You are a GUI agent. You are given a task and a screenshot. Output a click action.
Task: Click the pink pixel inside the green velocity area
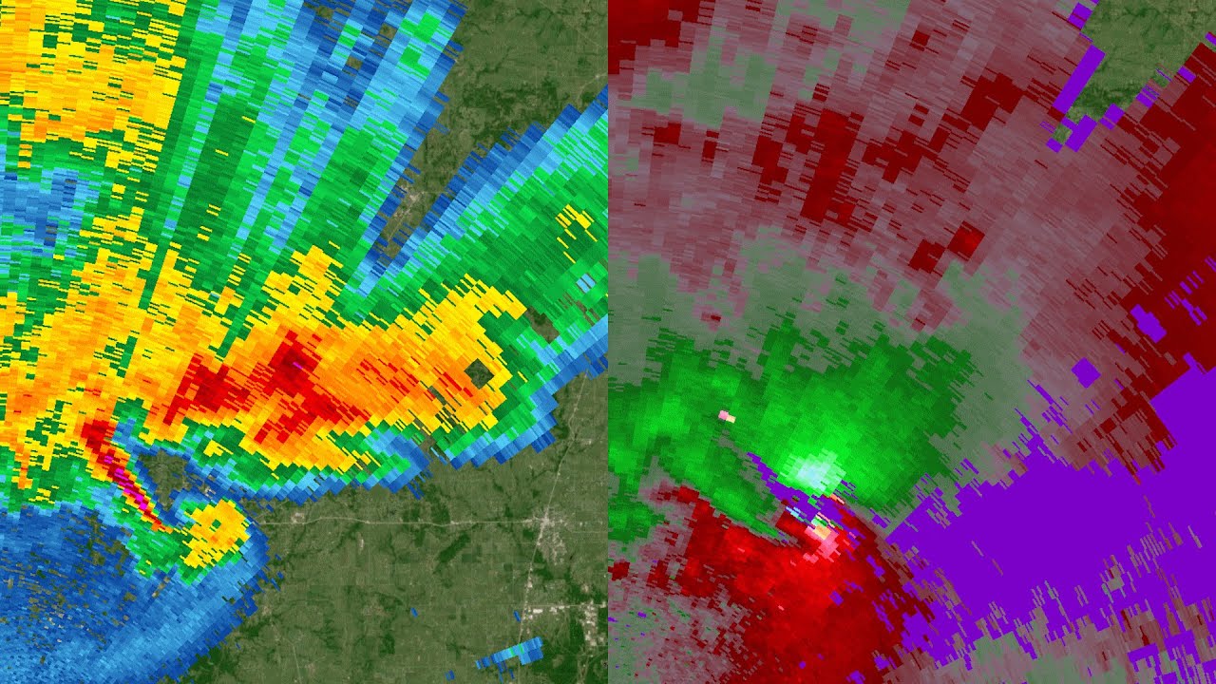(x=727, y=416)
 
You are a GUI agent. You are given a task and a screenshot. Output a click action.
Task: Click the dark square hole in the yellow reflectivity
(x=479, y=373)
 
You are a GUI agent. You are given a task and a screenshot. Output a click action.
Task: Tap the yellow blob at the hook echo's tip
(x=218, y=527)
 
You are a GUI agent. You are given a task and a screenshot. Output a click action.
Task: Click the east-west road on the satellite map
(x=399, y=522)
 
